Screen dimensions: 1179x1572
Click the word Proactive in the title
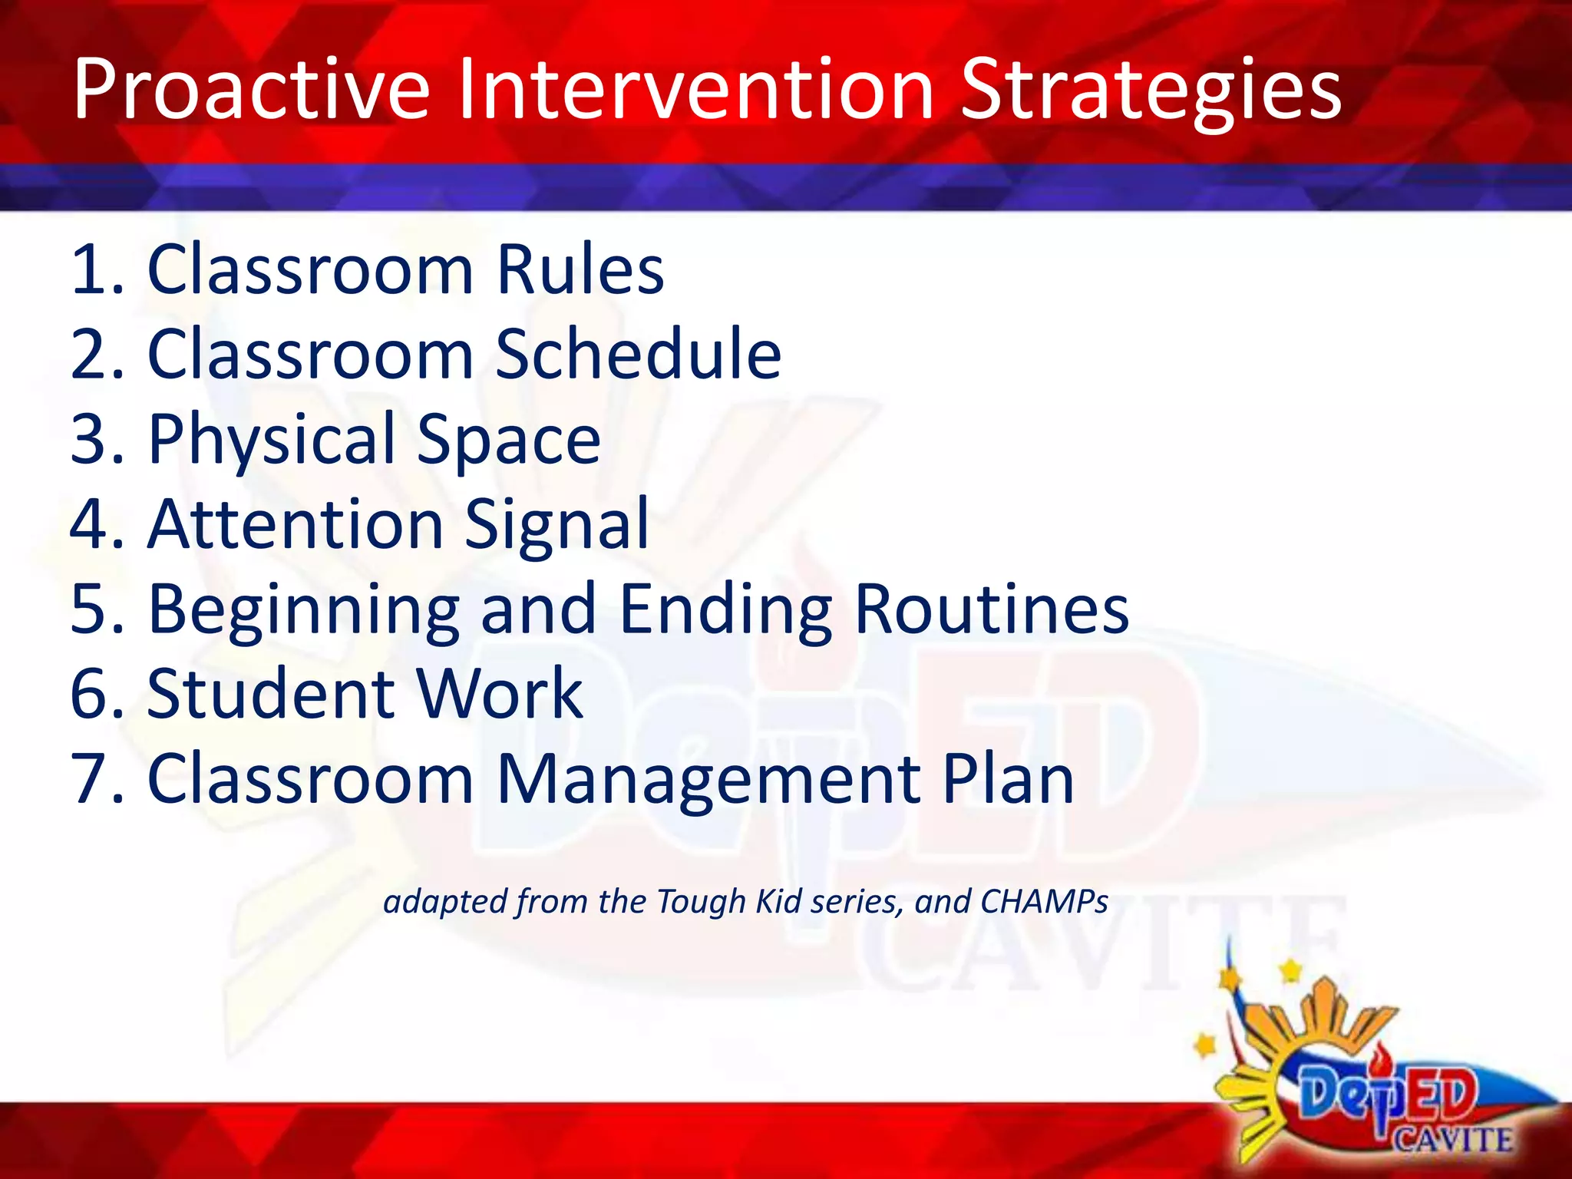click(251, 91)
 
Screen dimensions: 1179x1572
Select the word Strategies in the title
click(1150, 91)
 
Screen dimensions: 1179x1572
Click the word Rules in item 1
click(580, 270)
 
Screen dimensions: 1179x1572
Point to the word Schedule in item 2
click(638, 355)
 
